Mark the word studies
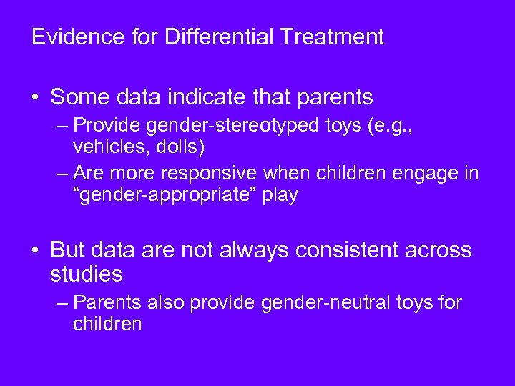[x=87, y=274]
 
